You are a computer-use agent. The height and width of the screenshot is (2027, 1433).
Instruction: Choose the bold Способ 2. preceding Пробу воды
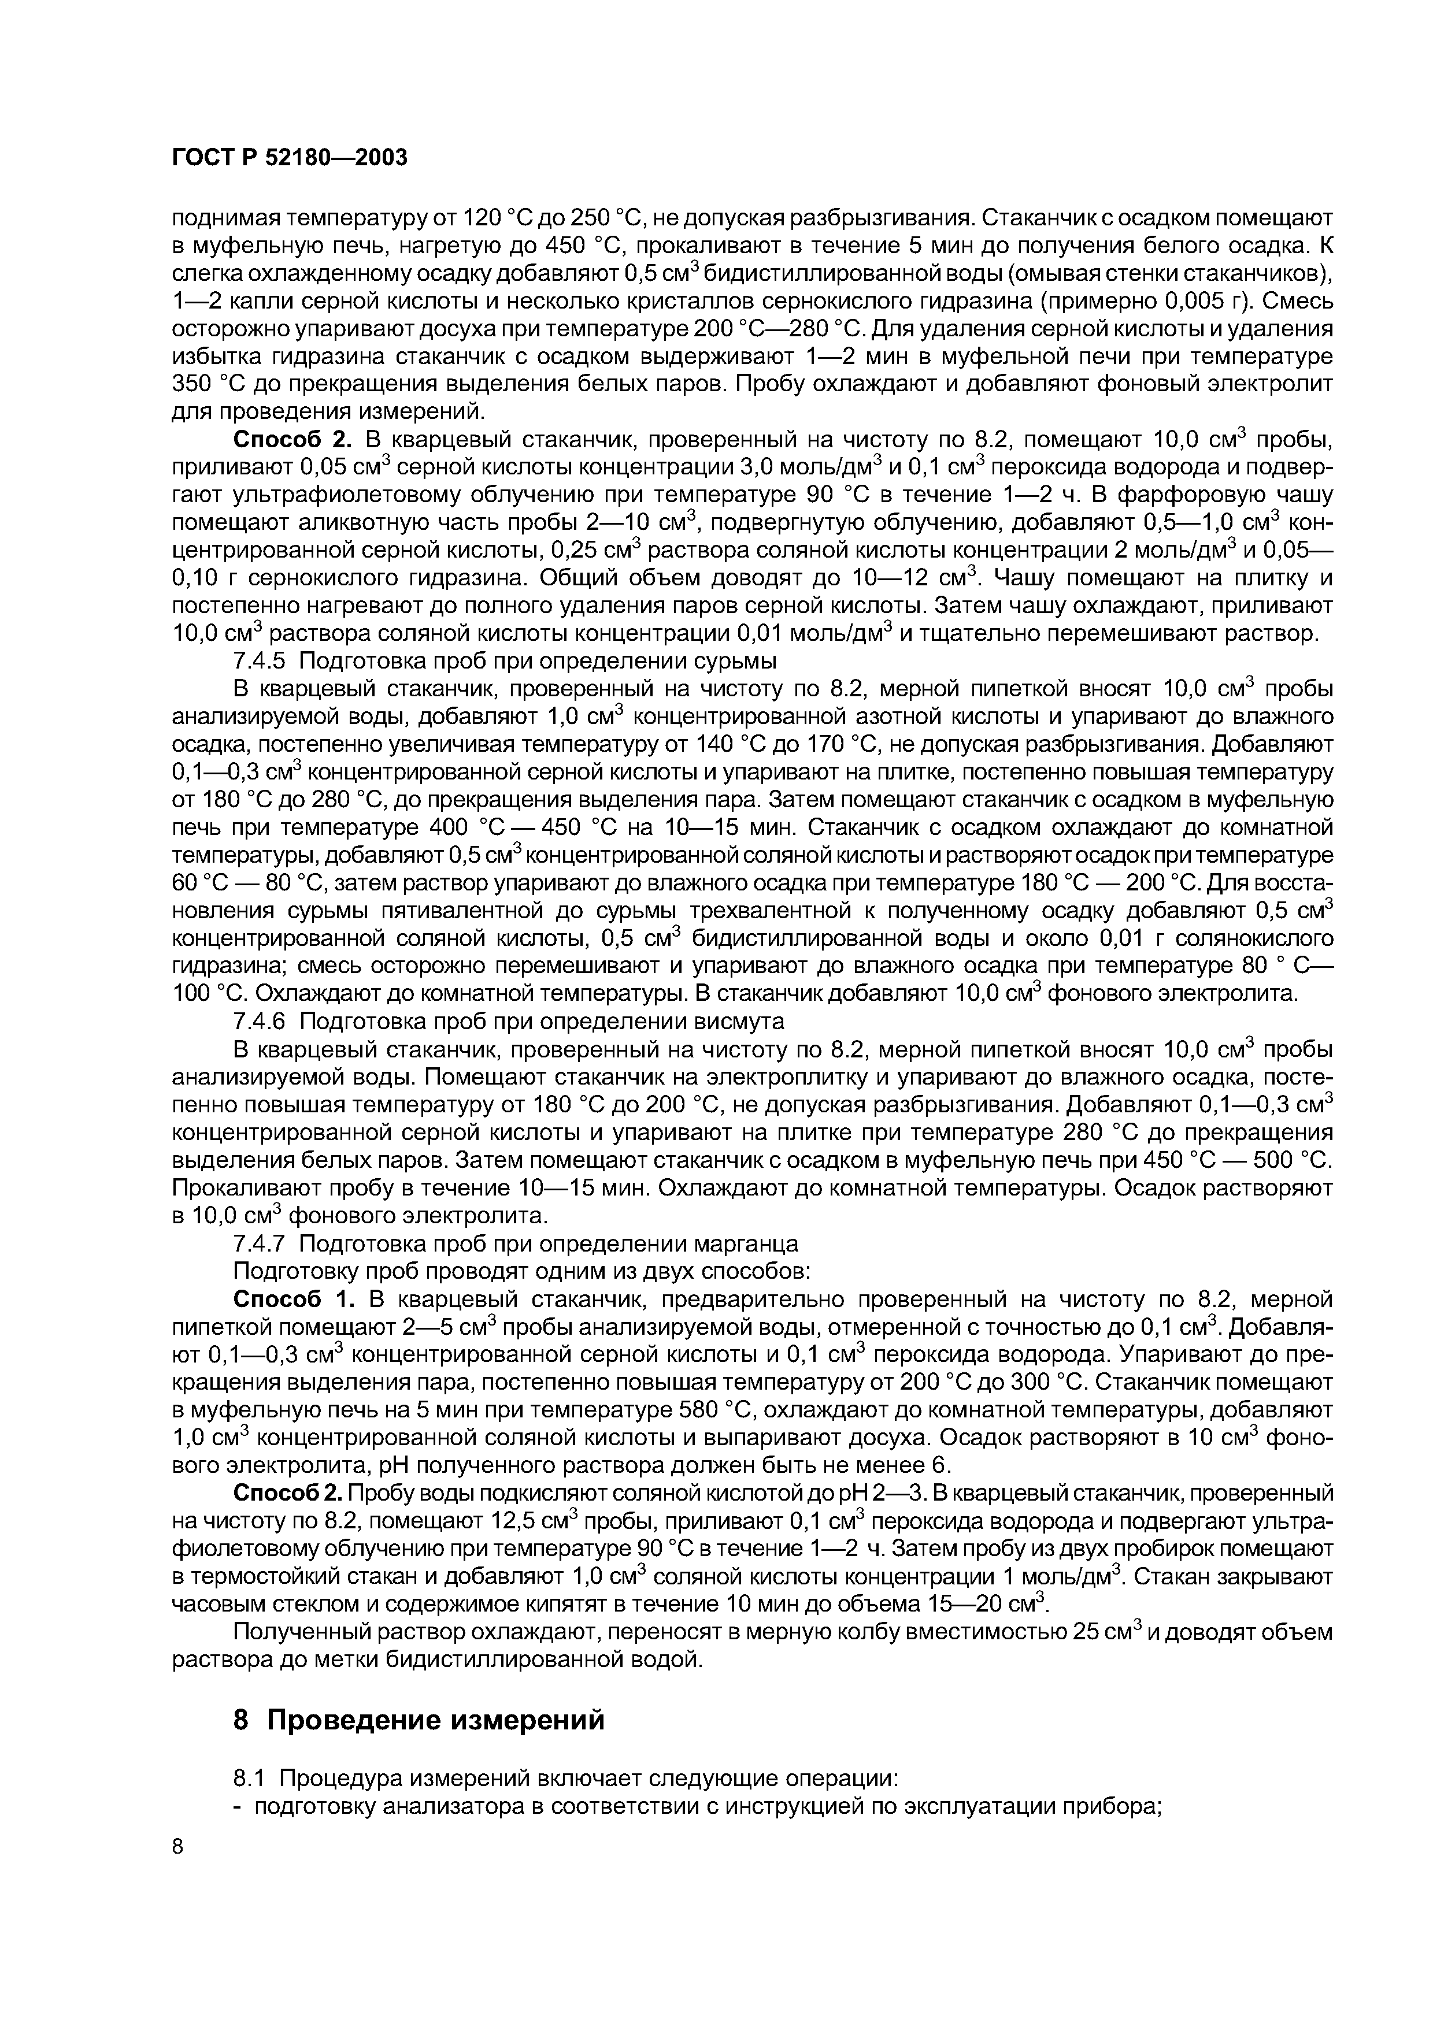[x=287, y=1493]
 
